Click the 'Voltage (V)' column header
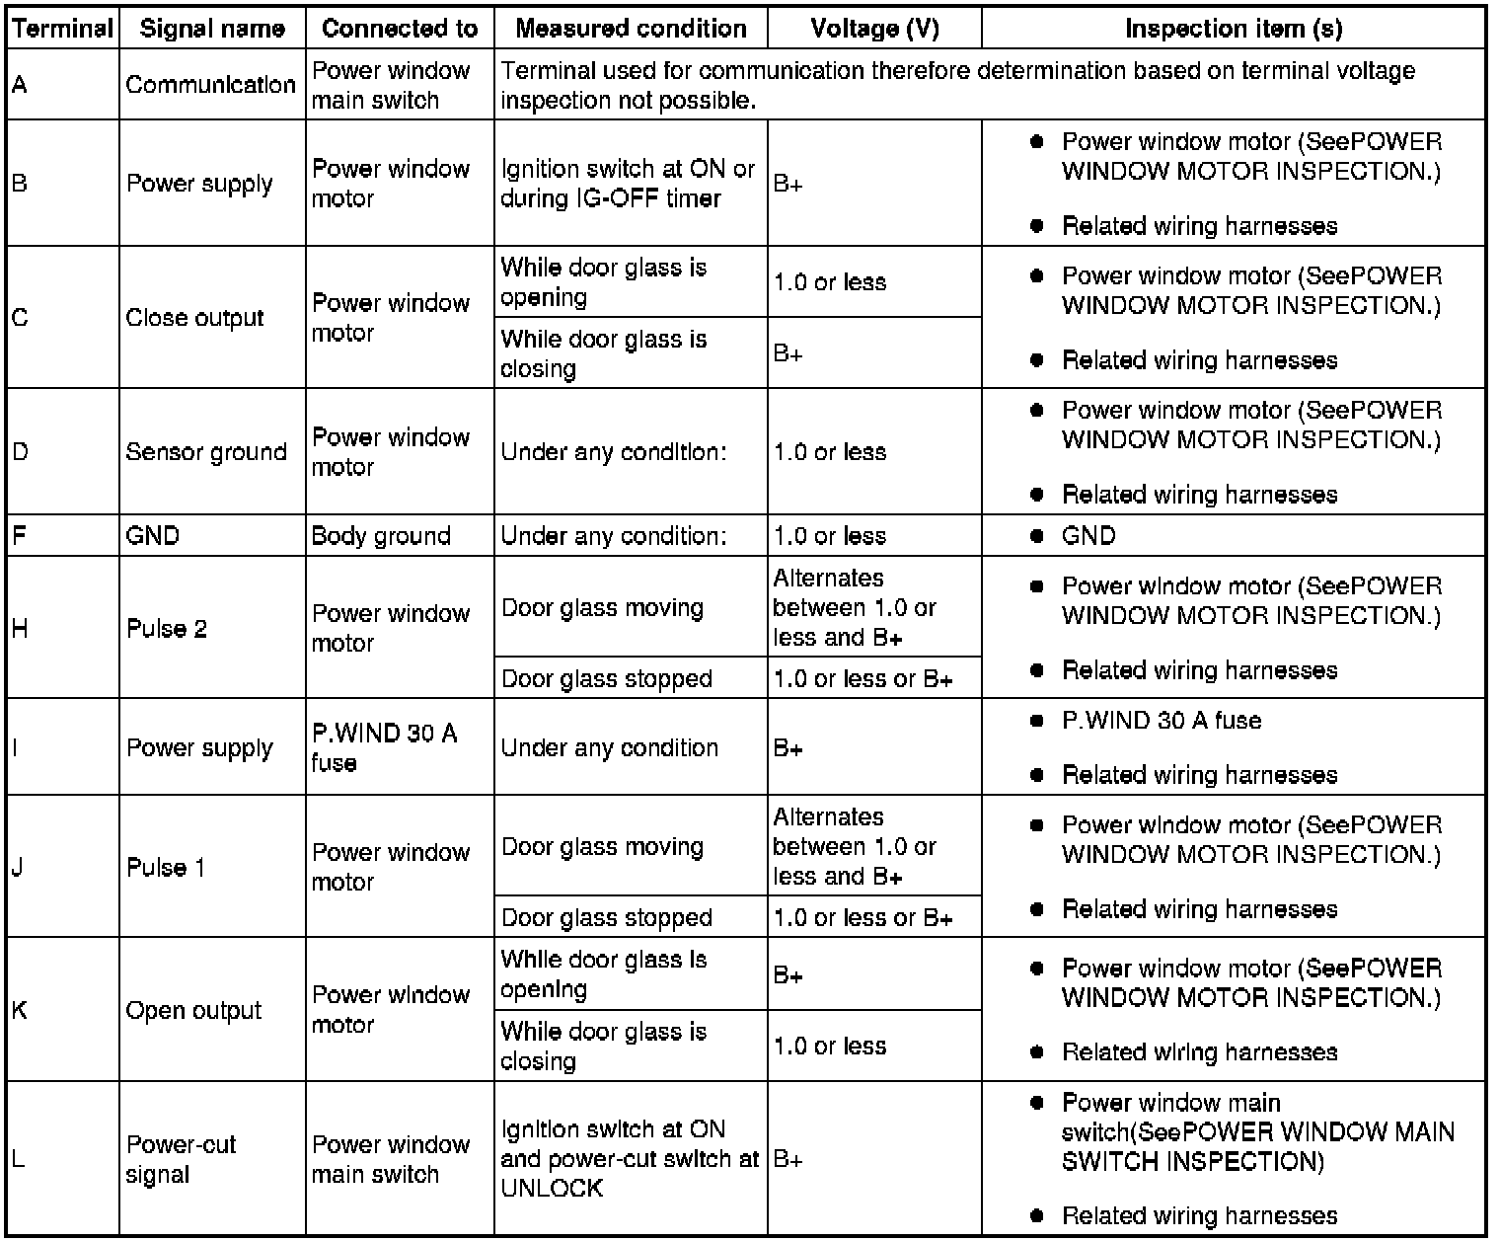click(874, 29)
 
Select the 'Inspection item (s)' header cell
click(1234, 29)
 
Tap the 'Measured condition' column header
click(631, 29)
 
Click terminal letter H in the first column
click(21, 628)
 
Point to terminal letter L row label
click(19, 1158)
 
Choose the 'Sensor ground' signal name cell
click(206, 452)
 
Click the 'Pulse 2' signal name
click(167, 629)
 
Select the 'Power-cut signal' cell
click(182, 1159)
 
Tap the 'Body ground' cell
click(381, 536)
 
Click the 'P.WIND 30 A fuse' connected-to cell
click(384, 747)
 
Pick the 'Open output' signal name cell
click(193, 1010)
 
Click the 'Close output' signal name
click(195, 318)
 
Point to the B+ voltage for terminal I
click(788, 748)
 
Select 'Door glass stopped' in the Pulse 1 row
click(607, 917)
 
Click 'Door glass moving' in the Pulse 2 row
click(602, 607)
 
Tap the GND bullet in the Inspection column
click(1088, 536)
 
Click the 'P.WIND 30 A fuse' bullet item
click(1162, 721)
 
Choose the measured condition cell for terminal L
click(630, 1158)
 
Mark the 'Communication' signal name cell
click(210, 85)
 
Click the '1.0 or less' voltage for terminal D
click(830, 452)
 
